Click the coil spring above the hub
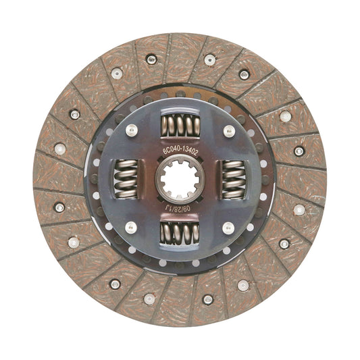180,126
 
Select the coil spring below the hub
180,234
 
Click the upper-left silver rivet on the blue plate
130,130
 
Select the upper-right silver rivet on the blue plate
229,130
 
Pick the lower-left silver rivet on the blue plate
130,228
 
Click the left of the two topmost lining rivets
151,59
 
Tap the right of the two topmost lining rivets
209,59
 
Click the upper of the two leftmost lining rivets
59,149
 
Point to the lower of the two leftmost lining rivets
59,207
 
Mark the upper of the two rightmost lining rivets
299,151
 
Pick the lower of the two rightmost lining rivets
299,209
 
